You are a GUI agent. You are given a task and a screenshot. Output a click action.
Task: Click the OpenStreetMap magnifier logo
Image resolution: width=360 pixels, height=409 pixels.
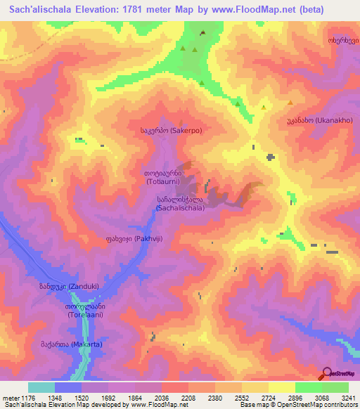point(326,372)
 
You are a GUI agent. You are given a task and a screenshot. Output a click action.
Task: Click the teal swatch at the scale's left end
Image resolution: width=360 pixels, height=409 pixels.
point(41,387)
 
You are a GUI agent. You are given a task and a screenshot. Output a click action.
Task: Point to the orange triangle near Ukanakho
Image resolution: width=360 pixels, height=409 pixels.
point(290,103)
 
